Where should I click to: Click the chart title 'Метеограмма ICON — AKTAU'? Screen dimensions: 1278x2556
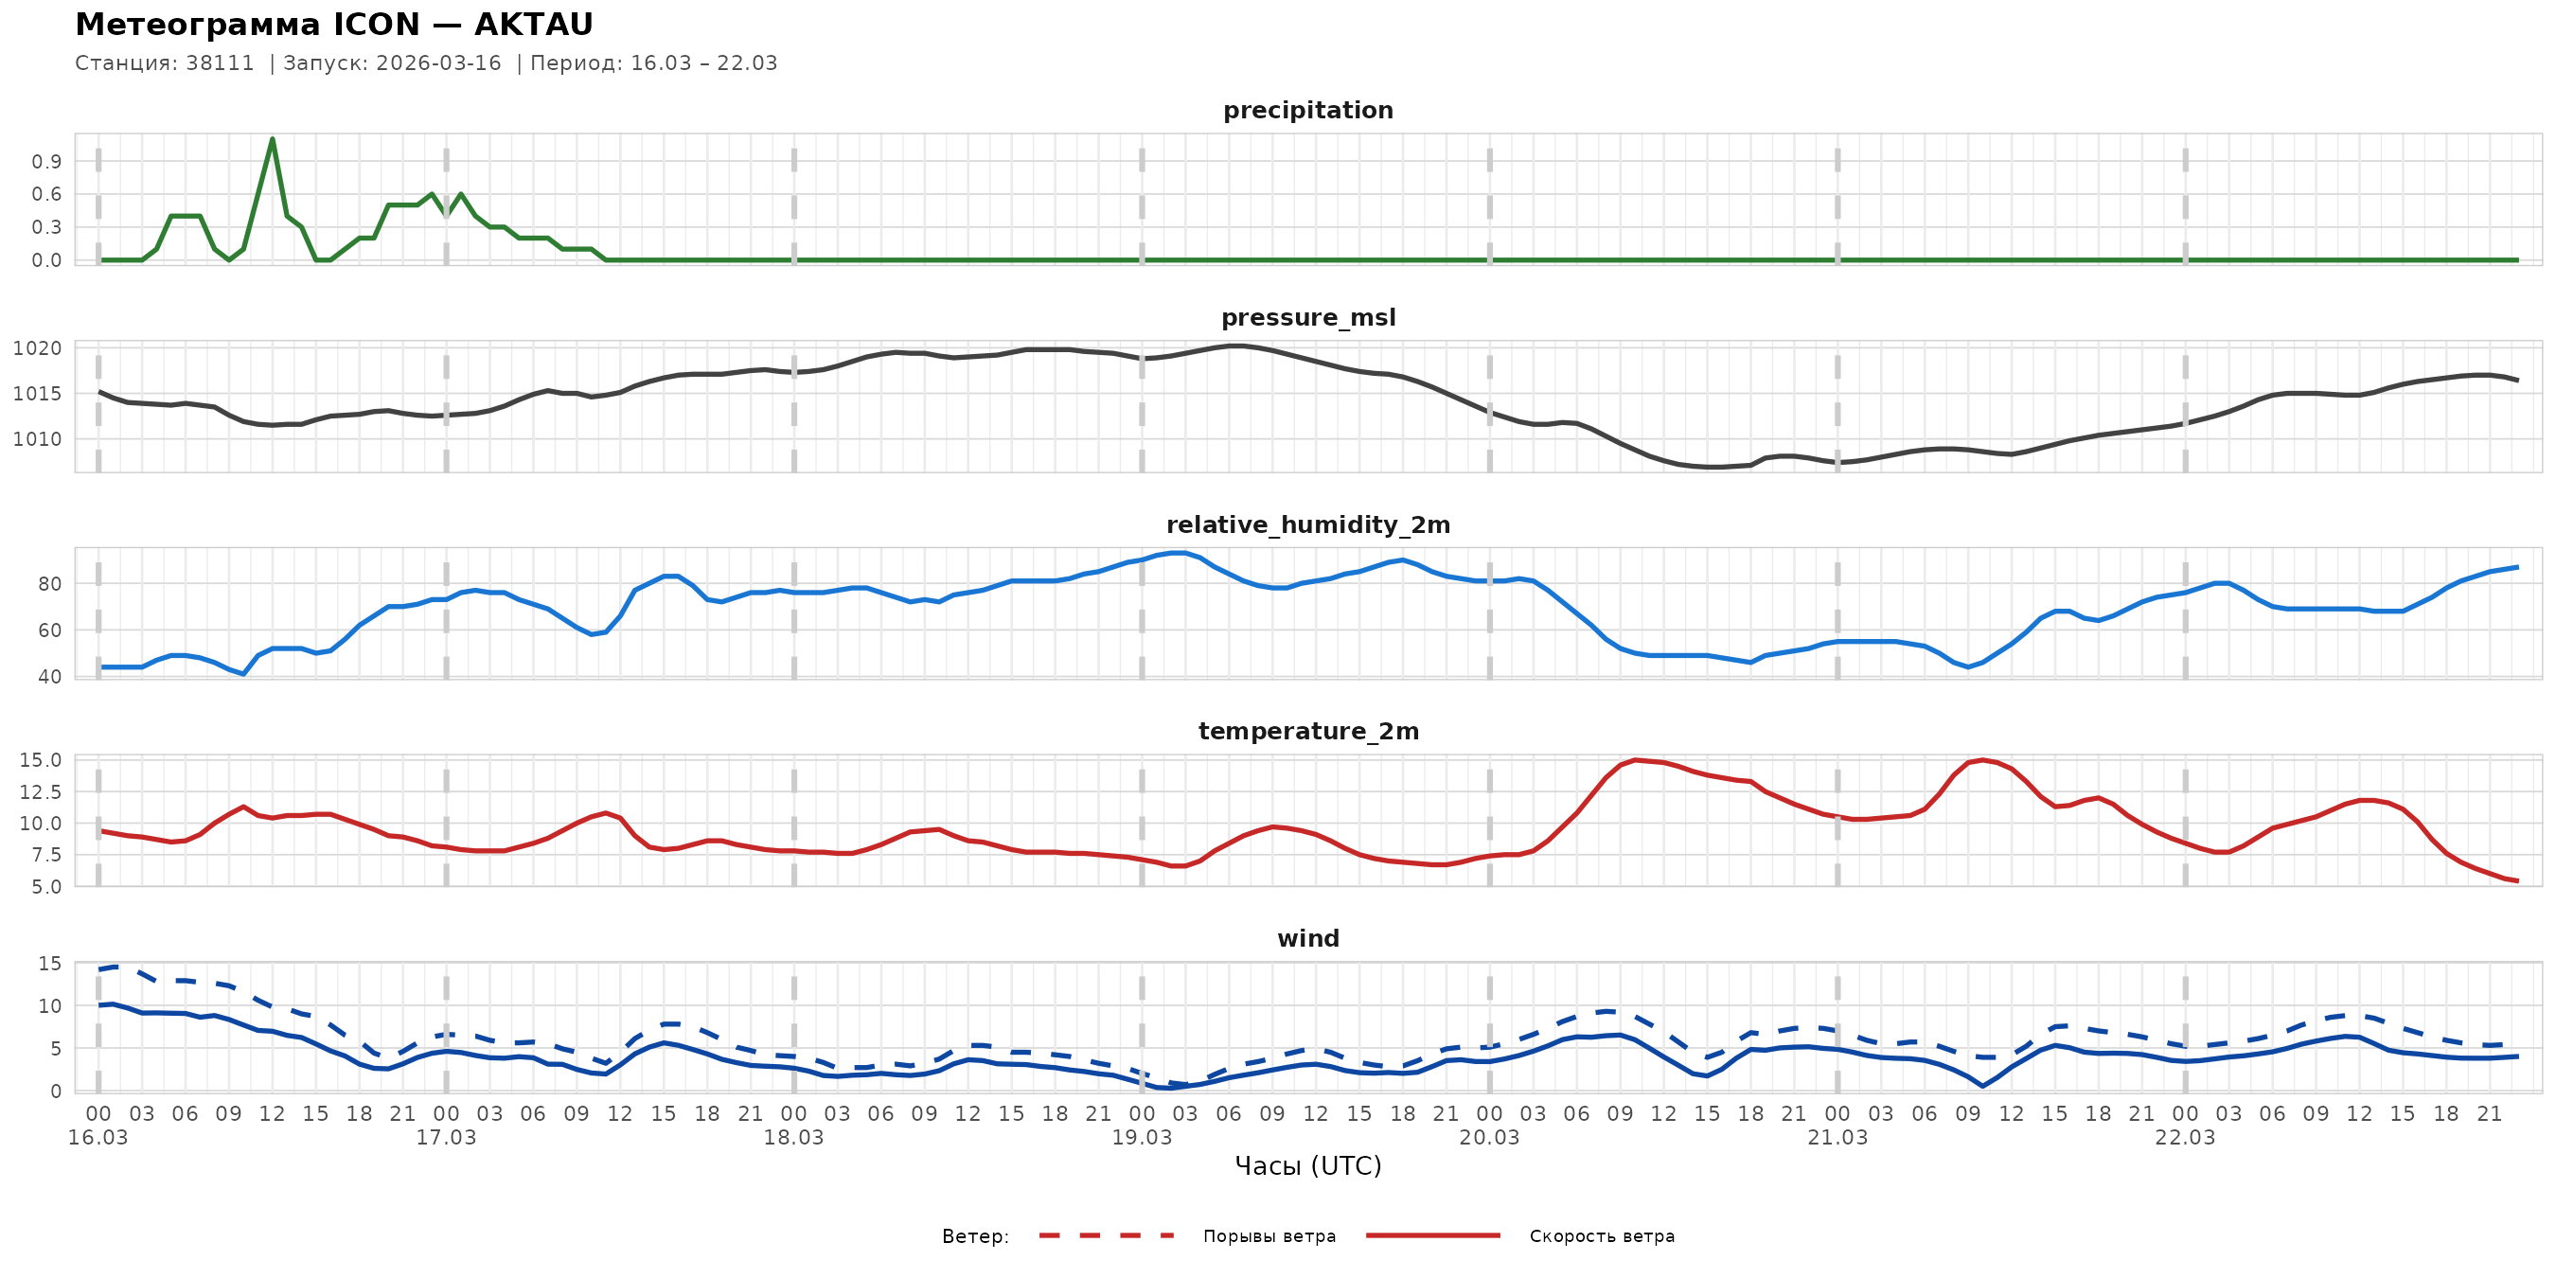point(334,25)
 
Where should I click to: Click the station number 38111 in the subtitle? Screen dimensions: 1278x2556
point(220,63)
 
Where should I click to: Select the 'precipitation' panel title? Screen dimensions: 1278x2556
point(1307,110)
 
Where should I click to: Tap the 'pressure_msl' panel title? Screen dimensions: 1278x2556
point(1307,317)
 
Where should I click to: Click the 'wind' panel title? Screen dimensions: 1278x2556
point(1307,939)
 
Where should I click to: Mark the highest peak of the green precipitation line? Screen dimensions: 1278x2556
point(272,139)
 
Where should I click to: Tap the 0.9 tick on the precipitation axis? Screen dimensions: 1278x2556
point(46,162)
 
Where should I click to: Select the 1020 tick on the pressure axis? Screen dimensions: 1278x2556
point(37,348)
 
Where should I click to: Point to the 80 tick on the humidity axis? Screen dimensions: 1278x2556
point(49,584)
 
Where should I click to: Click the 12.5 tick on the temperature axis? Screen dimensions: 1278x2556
point(41,791)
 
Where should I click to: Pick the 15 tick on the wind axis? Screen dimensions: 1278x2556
point(49,964)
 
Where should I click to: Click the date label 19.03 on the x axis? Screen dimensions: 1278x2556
point(1141,1138)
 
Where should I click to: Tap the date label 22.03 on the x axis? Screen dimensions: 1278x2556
point(2185,1138)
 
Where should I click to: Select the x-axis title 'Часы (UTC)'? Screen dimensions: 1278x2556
point(1307,1166)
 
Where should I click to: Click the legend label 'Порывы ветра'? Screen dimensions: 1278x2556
point(1269,1236)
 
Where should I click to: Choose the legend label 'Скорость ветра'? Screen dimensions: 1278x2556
point(1602,1236)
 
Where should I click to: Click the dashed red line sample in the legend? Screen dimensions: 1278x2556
point(1107,1236)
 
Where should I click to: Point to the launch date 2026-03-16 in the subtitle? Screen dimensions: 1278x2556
point(438,63)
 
